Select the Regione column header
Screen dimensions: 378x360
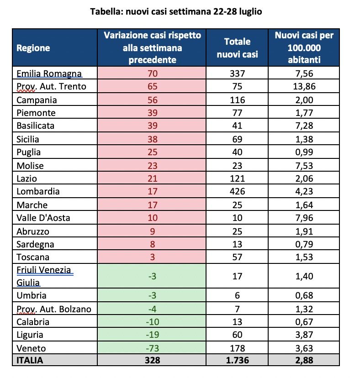33,48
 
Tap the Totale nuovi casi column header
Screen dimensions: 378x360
237,48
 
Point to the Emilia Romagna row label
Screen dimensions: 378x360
49,73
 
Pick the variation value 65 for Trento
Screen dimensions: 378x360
152,86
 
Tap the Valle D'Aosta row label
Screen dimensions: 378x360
43,217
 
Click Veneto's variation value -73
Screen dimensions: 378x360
152,347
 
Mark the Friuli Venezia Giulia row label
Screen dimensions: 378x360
44,276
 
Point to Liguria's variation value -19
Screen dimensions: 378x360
152,335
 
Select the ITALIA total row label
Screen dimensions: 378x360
30,360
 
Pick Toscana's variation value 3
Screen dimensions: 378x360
152,257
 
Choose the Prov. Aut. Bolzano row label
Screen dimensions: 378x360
53,309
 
